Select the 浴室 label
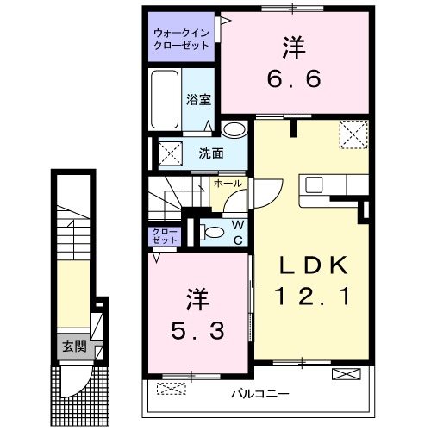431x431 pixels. [x=198, y=98]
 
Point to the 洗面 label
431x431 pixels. [x=211, y=154]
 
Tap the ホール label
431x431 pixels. [x=227, y=184]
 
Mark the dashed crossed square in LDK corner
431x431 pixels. [x=351, y=134]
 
